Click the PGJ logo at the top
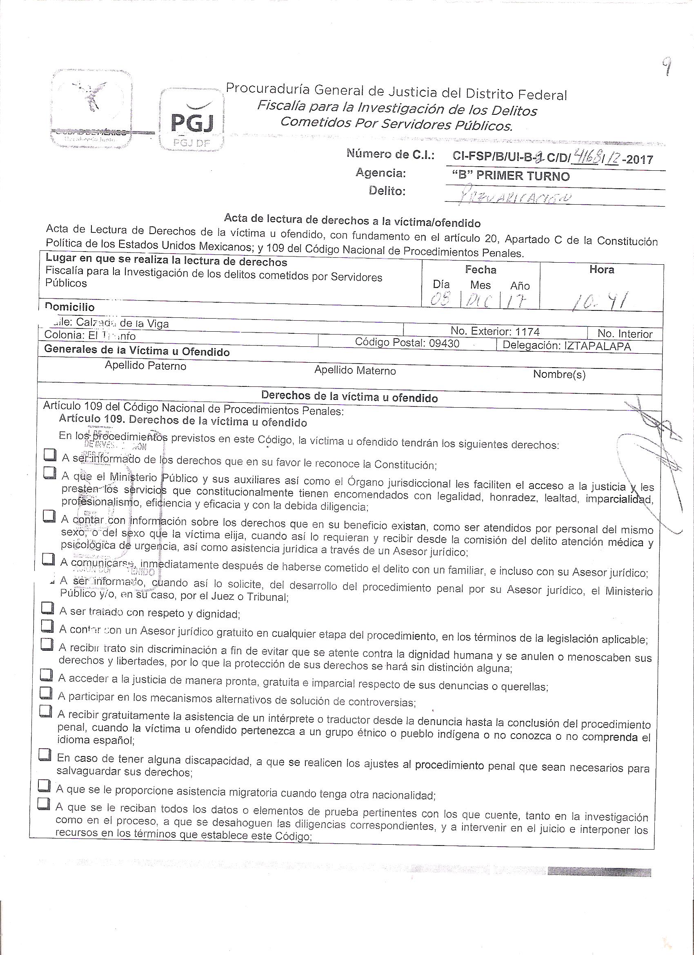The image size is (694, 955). click(191, 120)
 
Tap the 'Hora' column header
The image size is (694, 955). click(601, 270)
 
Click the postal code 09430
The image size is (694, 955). click(444, 343)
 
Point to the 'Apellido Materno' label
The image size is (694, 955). click(355, 370)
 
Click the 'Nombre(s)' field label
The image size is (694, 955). click(559, 374)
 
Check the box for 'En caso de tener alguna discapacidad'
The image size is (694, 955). click(45, 753)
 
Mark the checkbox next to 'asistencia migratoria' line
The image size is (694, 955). click(44, 785)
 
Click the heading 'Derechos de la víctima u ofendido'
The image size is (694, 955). click(349, 397)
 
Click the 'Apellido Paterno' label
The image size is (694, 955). click(145, 366)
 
